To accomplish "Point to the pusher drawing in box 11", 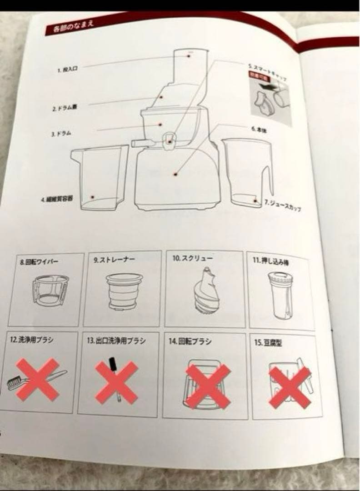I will [279, 296].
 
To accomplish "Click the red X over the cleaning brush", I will [38, 379].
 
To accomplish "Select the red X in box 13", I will [116, 382].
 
